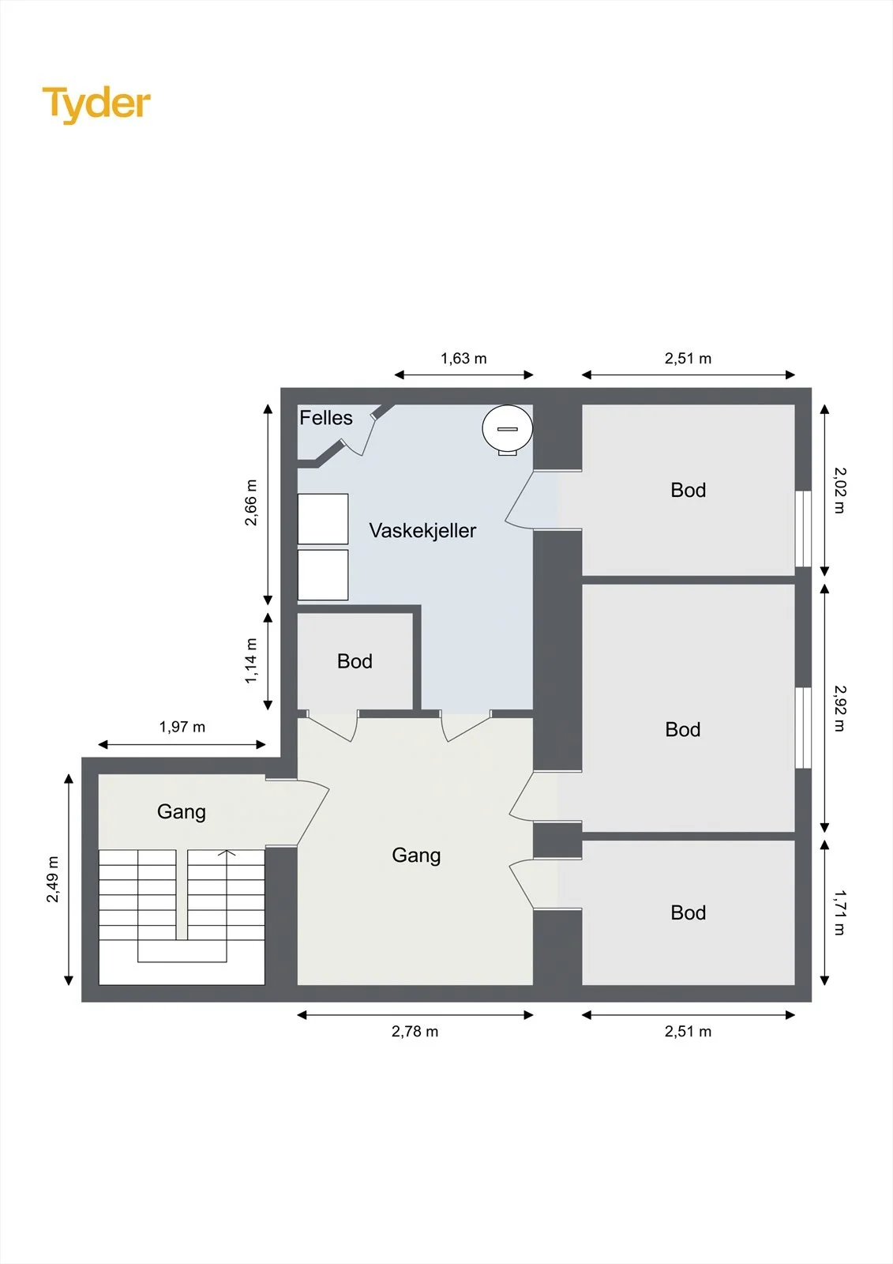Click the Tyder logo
(96, 104)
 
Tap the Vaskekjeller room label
(422, 530)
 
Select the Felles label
(326, 418)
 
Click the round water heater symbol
(507, 430)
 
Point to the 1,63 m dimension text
(463, 359)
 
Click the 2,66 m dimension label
(251, 502)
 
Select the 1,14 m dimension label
(251, 660)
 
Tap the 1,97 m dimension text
(182, 727)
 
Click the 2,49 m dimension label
(52, 879)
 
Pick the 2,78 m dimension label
(415, 1032)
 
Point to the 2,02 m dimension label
(840, 491)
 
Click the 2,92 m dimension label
(840, 708)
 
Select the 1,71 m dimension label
(840, 912)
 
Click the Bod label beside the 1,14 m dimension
(355, 661)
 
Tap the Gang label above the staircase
(181, 812)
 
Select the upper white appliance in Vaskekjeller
(323, 519)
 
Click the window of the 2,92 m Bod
(803, 728)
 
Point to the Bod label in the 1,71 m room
(689, 913)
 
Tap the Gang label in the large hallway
(416, 856)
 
